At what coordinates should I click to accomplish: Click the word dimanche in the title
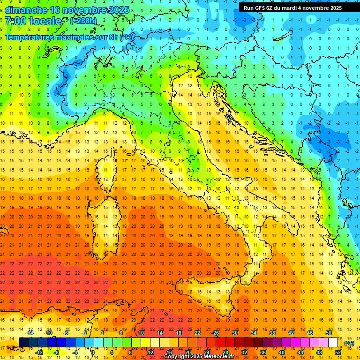pos(26,10)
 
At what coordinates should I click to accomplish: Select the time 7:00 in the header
pos(15,21)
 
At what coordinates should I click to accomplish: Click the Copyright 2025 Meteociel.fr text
pos(199,357)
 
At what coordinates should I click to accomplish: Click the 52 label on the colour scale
pos(338,352)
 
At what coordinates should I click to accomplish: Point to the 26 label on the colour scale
pos(216,333)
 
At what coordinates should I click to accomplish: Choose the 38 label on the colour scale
pos(272,333)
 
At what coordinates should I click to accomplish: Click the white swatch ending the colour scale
pos(333,343)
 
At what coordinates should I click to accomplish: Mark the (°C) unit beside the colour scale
pos(349,343)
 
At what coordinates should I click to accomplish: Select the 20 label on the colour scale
pos(187,352)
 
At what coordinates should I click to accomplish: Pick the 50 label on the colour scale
pos(328,333)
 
